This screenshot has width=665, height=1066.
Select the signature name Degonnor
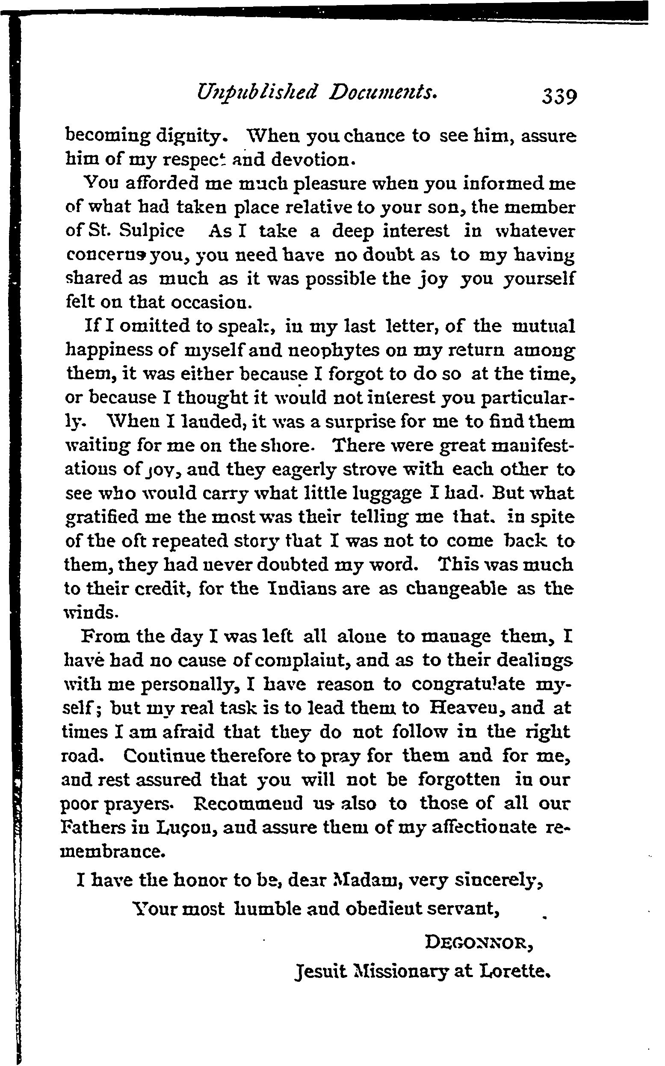pyautogui.click(x=479, y=943)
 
